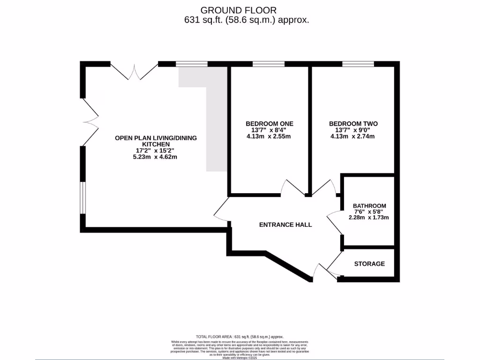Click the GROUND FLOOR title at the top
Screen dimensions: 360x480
coord(239,10)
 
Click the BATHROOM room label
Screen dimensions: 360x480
coord(369,206)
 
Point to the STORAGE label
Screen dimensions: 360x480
coord(369,264)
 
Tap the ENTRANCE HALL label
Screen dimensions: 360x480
coord(285,225)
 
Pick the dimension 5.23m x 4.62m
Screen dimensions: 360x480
coord(156,157)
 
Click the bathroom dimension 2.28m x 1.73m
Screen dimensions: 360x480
coord(369,217)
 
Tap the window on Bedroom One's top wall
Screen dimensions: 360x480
coord(268,64)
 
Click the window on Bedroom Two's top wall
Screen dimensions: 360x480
coord(358,64)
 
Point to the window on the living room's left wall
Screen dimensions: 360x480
coord(82,197)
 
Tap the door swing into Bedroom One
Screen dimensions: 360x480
coord(293,188)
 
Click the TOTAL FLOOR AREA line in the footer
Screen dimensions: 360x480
coord(240,337)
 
